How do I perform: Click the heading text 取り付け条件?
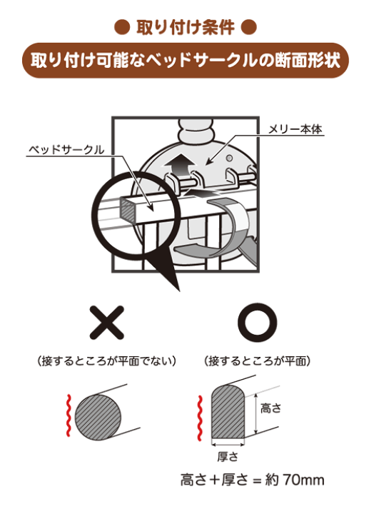185,29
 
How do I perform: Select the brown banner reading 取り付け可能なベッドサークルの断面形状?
185,61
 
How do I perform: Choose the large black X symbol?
106,323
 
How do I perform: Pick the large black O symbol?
256,323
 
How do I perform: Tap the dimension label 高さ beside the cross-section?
271,408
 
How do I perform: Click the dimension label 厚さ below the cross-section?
226,455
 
